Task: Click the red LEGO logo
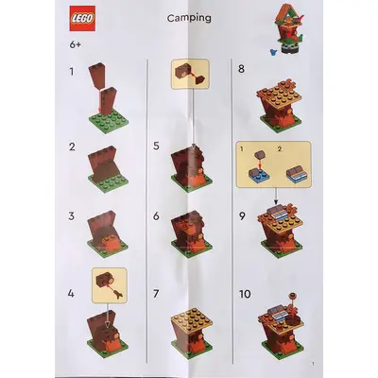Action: [82, 19]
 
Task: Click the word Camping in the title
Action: [189, 18]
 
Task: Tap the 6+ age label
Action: [76, 44]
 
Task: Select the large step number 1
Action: [72, 72]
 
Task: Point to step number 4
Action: [71, 294]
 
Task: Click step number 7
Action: [156, 294]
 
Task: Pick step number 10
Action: [245, 294]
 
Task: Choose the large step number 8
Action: [241, 69]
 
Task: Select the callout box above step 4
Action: [110, 285]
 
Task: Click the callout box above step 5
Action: [190, 74]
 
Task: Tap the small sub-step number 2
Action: [280, 149]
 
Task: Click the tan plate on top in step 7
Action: [192, 319]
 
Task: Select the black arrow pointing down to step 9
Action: [276, 197]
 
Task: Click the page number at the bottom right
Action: [313, 364]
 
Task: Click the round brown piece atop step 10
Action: [293, 296]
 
